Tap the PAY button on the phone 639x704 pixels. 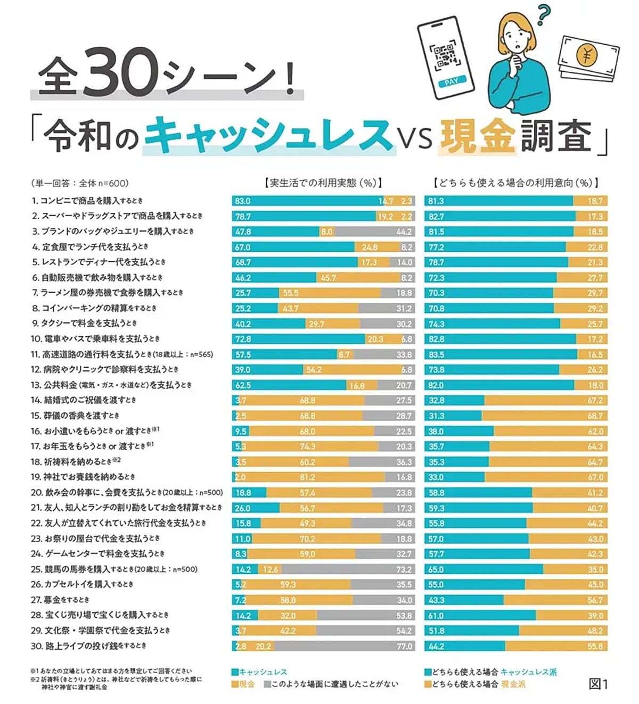[451, 82]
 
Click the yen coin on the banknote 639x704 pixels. [587, 55]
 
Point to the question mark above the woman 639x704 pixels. [543, 14]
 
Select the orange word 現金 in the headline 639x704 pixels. [477, 136]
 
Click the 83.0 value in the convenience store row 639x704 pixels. [243, 201]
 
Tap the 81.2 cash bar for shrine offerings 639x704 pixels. [308, 477]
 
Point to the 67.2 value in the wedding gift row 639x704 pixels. [595, 400]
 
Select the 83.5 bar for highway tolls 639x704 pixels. [501, 354]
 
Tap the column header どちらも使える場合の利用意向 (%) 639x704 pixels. [516, 183]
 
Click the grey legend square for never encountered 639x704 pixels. [267, 684]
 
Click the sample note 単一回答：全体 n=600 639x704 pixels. [80, 184]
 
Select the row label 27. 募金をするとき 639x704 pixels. [60, 600]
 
